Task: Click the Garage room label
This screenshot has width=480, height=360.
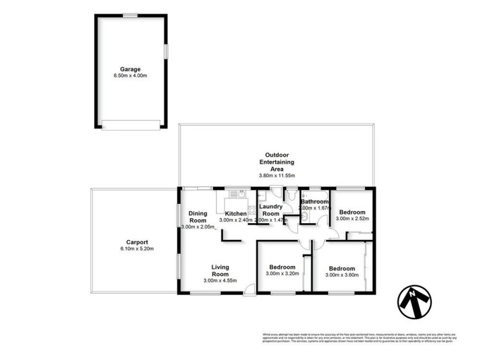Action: click(x=130, y=69)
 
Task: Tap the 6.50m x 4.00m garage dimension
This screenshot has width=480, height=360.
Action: click(x=130, y=76)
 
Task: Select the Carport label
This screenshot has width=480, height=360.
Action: click(x=137, y=242)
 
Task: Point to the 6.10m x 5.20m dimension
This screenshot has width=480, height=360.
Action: click(x=137, y=249)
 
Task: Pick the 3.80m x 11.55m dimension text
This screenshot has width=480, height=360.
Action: click(x=276, y=175)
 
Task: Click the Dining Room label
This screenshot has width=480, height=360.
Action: click(x=197, y=216)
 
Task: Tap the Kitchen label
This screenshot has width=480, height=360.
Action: click(x=236, y=214)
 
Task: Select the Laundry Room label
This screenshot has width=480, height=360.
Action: click(x=271, y=210)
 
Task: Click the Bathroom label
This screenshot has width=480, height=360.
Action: click(x=315, y=202)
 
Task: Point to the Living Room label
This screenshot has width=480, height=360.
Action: click(x=220, y=271)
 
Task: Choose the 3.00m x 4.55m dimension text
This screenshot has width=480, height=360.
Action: click(x=220, y=281)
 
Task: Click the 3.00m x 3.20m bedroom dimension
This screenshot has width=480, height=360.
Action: click(x=281, y=274)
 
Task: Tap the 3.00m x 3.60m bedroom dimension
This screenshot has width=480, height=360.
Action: click(x=341, y=275)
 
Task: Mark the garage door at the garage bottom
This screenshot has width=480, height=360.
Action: click(x=131, y=125)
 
